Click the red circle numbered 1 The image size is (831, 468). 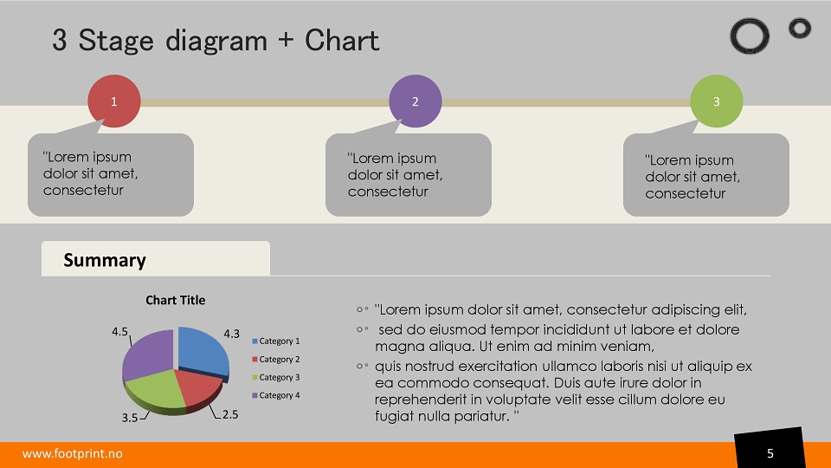[114, 101]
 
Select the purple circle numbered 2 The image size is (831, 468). [415, 101]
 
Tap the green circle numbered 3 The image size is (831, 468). [716, 101]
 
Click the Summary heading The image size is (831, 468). [105, 260]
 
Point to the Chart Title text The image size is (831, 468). [176, 300]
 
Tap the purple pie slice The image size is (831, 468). [147, 354]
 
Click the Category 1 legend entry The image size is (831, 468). [275, 341]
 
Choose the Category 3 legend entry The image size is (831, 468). [275, 377]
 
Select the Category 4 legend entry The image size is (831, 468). [275, 395]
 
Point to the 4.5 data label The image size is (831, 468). [119, 332]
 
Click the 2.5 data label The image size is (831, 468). [230, 414]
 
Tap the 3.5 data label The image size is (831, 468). [130, 418]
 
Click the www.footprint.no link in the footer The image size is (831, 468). [72, 453]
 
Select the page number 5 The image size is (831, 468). [770, 453]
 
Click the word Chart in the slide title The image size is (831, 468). [342, 41]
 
